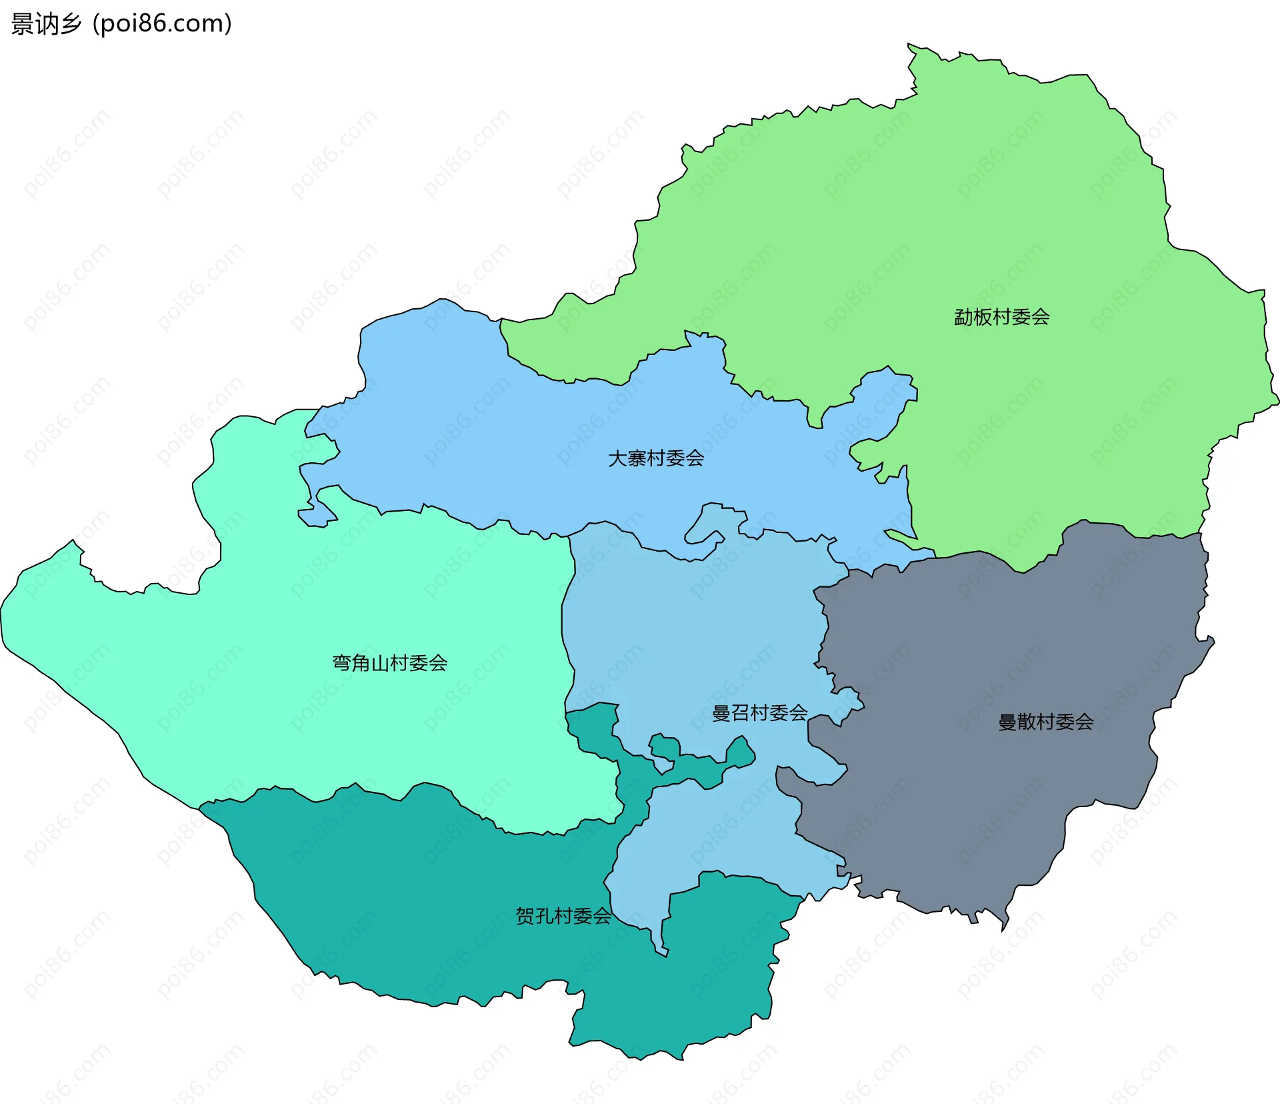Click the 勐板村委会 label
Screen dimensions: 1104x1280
pos(1001,317)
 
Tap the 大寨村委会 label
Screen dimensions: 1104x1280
pos(656,458)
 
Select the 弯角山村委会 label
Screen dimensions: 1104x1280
pos(389,662)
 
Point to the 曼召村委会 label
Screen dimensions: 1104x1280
pos(759,713)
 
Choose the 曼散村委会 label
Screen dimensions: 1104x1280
pos(1045,722)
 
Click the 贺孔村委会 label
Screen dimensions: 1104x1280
pos(563,916)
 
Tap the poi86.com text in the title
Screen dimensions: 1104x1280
pos(162,24)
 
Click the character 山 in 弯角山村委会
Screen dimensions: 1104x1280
pos(380,662)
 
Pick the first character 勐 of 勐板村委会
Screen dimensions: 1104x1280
pos(963,317)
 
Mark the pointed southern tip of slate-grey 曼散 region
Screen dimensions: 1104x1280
pos(1003,924)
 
